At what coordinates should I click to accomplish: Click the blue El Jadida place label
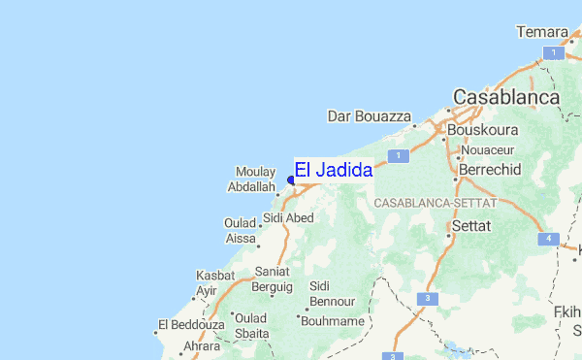pyautogui.click(x=333, y=170)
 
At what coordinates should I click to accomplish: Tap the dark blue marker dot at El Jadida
pyautogui.click(x=291, y=180)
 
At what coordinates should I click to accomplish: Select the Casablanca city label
pyautogui.click(x=506, y=98)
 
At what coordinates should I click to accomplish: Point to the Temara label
pyautogui.click(x=541, y=33)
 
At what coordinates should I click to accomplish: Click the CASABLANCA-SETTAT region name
pyautogui.click(x=435, y=204)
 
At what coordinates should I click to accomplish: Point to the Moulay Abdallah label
pyautogui.click(x=256, y=179)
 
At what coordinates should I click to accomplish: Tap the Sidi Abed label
pyautogui.click(x=288, y=218)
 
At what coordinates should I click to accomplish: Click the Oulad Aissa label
pyautogui.click(x=241, y=230)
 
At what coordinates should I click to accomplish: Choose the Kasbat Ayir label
pyautogui.click(x=215, y=282)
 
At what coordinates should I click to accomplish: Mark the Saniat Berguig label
pyautogui.click(x=273, y=279)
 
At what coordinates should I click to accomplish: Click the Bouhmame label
pyautogui.click(x=333, y=320)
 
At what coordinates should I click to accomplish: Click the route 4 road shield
pyautogui.click(x=548, y=239)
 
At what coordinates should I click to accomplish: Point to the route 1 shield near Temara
pyautogui.click(x=552, y=53)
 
